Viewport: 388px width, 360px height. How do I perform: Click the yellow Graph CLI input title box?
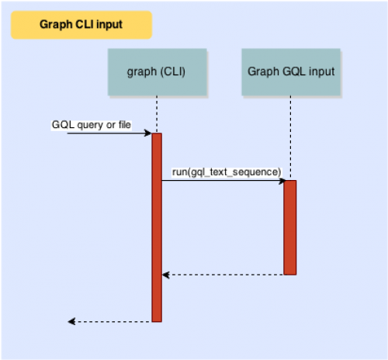pos(81,25)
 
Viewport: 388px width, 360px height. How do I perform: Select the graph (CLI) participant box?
pos(158,72)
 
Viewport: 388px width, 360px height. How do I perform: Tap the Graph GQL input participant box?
pos(291,72)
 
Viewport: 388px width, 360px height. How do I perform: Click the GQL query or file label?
pos(92,125)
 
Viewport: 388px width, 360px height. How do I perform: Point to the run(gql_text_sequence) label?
pos(227,172)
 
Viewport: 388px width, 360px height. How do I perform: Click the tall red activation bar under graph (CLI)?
pos(157,227)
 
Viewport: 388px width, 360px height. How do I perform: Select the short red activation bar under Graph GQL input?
pos(290,227)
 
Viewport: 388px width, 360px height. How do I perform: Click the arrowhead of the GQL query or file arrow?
pos(148,133)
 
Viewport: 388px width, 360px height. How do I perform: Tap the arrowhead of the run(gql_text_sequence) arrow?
pos(282,181)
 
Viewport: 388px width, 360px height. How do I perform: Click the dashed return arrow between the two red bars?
pos(223,275)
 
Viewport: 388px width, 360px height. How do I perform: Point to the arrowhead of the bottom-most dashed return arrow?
pos(71,322)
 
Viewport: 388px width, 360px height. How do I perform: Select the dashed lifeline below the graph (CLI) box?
pos(157,115)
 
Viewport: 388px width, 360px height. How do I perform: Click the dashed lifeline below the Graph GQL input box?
pos(290,138)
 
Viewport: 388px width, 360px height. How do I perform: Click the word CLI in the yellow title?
pos(85,25)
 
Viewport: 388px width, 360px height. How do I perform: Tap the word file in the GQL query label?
pos(125,125)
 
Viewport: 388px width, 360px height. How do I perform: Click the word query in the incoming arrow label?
pos(90,126)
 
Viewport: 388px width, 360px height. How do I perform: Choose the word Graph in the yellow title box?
pos(56,25)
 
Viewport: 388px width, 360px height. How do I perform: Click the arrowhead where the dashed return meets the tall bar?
pos(166,275)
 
